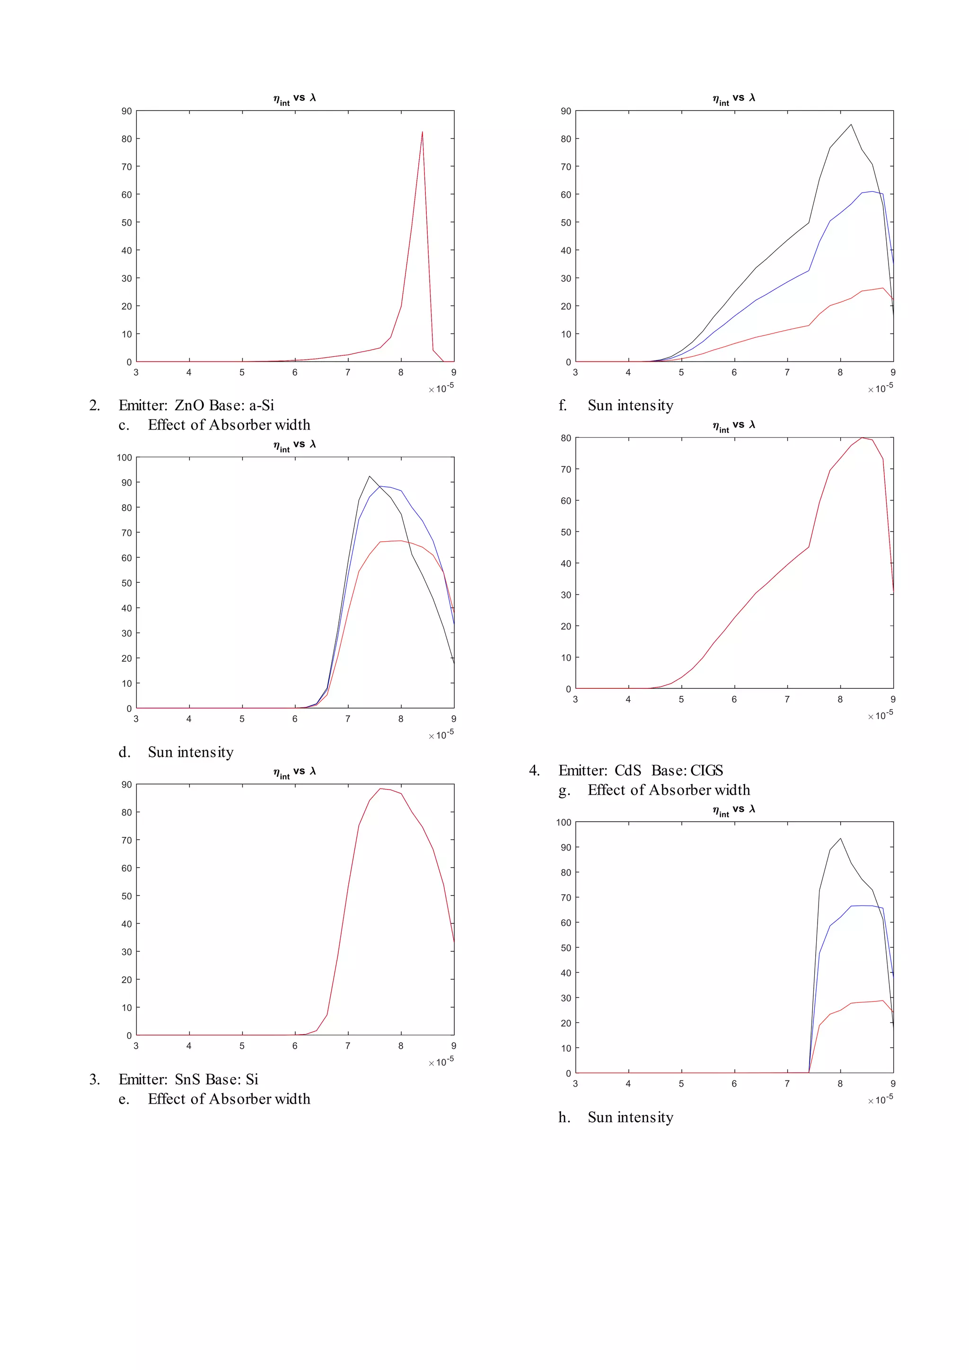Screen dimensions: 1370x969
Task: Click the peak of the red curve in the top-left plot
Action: coord(423,132)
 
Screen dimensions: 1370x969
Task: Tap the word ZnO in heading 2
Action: coord(189,406)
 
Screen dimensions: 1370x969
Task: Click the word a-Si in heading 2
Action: coord(261,406)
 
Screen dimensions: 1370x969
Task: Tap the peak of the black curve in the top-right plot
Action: coord(851,125)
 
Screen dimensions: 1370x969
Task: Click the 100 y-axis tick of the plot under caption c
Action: coord(124,457)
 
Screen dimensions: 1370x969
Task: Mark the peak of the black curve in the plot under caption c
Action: coord(370,476)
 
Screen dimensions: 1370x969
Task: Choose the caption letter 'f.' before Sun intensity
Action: coord(563,406)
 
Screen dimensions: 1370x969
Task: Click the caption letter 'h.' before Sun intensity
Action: coord(564,1117)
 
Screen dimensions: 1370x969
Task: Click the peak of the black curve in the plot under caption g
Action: coord(841,838)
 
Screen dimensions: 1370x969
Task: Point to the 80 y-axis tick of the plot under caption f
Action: coord(566,438)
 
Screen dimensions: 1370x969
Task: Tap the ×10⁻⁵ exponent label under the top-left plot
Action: coord(441,388)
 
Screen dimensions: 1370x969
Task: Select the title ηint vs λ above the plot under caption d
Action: coord(294,772)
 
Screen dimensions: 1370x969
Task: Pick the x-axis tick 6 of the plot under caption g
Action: coord(734,1084)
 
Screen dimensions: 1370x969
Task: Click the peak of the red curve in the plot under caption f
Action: coord(862,438)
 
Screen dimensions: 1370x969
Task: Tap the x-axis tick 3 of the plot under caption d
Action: coord(136,1045)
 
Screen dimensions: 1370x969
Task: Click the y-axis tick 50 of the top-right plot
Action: coord(566,222)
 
